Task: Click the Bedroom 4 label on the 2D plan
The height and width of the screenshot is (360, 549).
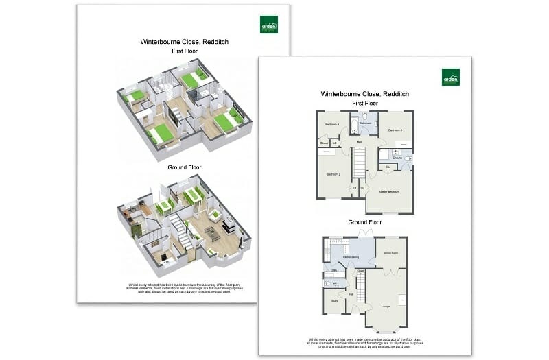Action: (332, 125)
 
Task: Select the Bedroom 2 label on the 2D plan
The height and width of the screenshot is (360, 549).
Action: (334, 174)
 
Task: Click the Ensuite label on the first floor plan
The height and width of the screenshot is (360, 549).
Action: (397, 158)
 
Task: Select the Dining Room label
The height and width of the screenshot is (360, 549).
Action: (391, 253)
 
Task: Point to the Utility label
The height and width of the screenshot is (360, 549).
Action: (333, 270)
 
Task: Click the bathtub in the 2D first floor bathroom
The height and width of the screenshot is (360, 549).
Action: (355, 124)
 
